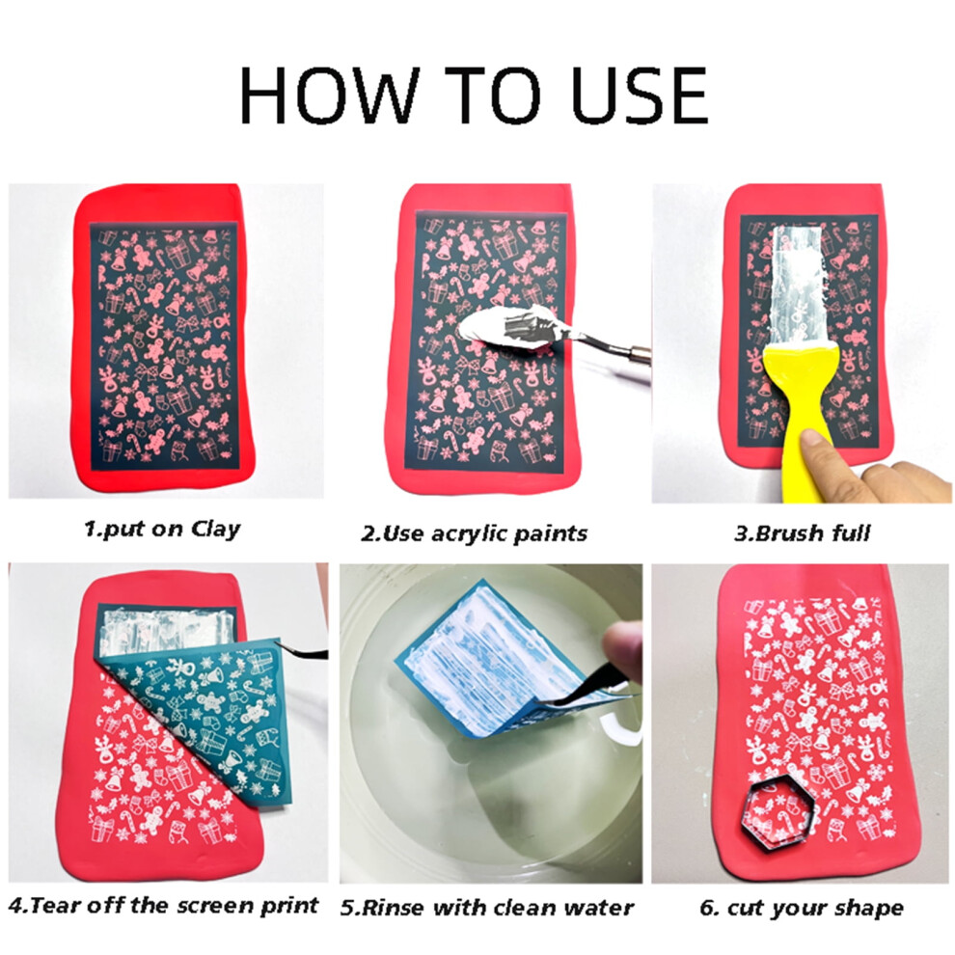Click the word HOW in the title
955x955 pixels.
(x=330, y=95)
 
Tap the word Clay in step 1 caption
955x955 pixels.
(x=216, y=529)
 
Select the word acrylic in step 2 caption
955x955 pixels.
(x=469, y=533)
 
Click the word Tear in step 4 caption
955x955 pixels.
(x=57, y=905)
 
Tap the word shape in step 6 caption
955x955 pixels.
(x=872, y=908)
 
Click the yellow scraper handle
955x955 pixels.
(x=798, y=421)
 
